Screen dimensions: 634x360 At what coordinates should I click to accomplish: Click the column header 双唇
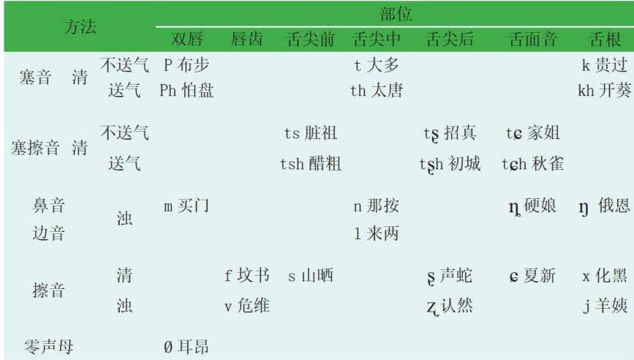(x=186, y=40)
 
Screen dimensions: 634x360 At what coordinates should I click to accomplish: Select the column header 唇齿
(x=246, y=40)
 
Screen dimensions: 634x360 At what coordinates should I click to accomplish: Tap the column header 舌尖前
(x=311, y=40)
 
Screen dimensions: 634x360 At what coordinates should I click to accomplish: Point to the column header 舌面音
(x=532, y=40)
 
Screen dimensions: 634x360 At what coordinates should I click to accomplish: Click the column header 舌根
(x=605, y=40)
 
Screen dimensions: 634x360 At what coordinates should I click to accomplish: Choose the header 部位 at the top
(x=396, y=13)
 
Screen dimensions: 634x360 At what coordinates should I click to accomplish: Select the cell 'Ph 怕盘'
(x=186, y=91)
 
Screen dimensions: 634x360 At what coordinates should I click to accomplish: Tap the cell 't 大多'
(x=377, y=65)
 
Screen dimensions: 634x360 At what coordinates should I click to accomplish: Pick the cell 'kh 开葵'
(x=604, y=91)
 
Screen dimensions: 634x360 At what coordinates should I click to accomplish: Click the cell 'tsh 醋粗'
(x=311, y=163)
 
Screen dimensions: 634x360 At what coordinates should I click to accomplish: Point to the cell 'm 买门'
(x=186, y=206)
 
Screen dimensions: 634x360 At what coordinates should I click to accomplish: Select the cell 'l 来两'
(x=377, y=234)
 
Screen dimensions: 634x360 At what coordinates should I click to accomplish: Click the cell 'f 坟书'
(x=246, y=276)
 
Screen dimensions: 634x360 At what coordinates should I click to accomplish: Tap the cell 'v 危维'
(x=246, y=305)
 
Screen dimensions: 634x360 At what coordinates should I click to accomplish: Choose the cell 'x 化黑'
(x=604, y=276)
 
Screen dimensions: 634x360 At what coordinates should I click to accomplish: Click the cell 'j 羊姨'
(x=604, y=305)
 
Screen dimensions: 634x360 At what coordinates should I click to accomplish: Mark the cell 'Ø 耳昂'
(x=186, y=345)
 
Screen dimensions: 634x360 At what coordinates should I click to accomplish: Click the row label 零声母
(x=49, y=345)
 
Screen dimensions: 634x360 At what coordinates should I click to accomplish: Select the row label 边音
(x=49, y=234)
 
